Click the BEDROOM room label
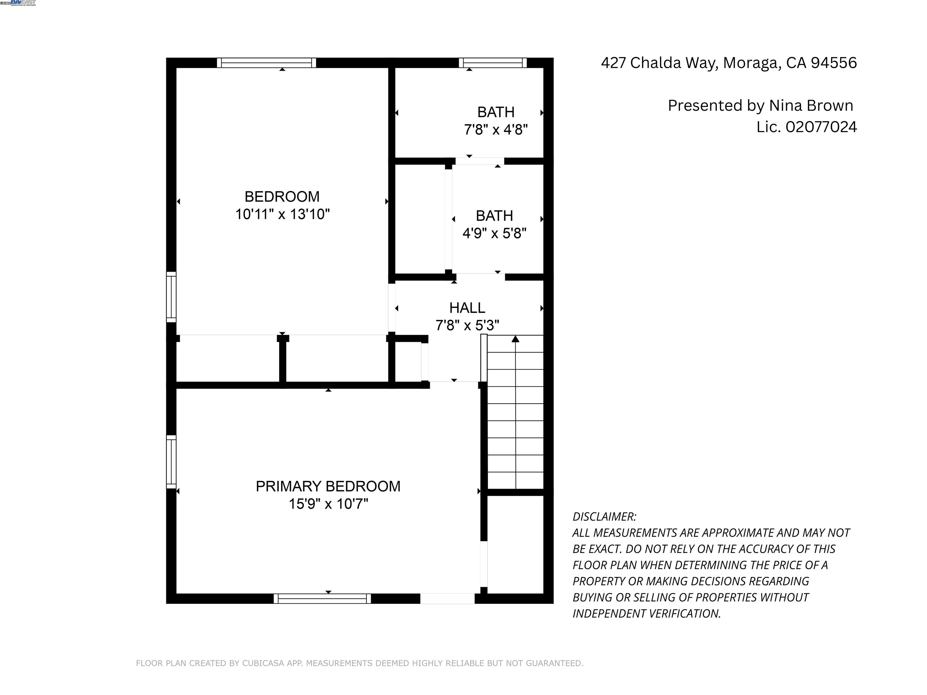pyautogui.click(x=282, y=196)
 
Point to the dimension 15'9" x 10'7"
pyautogui.click(x=328, y=504)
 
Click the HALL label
pyautogui.click(x=467, y=308)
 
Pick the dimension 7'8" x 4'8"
pyautogui.click(x=495, y=130)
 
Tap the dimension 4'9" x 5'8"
pyautogui.click(x=494, y=233)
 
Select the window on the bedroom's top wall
pyautogui.click(x=266, y=63)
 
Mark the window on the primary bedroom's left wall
pyautogui.click(x=171, y=462)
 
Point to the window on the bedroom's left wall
pyautogui.click(x=171, y=297)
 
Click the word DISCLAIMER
pyautogui.click(x=604, y=517)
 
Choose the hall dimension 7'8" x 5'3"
pyautogui.click(x=467, y=325)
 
